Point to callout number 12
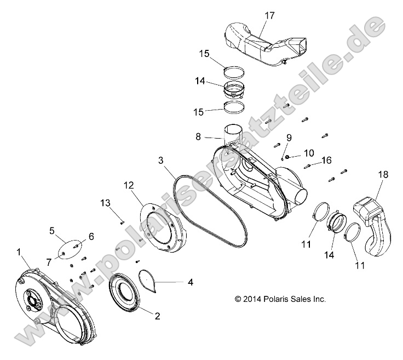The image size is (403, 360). pos(128,186)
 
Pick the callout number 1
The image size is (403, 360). pos(20,252)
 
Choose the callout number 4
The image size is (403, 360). pos(190,283)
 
